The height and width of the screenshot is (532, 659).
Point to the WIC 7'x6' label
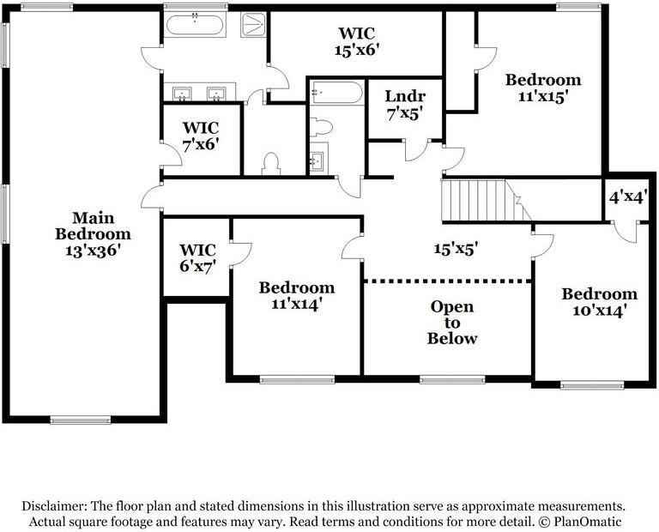[x=201, y=136]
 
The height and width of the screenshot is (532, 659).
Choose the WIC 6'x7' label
[x=196, y=257]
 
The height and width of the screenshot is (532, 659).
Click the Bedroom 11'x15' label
[x=542, y=88]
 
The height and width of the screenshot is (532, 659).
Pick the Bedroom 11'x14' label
[x=296, y=295]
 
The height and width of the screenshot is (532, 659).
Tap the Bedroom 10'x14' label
[x=599, y=302]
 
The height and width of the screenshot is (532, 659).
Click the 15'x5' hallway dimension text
[x=455, y=249]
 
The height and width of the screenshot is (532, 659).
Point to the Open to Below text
[x=452, y=322]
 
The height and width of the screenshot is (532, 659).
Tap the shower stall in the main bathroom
[x=253, y=24]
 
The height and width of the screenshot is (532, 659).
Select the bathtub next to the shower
[x=196, y=24]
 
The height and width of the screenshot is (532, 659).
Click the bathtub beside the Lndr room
[x=336, y=93]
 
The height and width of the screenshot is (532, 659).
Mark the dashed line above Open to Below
[x=447, y=281]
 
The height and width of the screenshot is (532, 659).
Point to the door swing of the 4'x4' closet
[x=626, y=232]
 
